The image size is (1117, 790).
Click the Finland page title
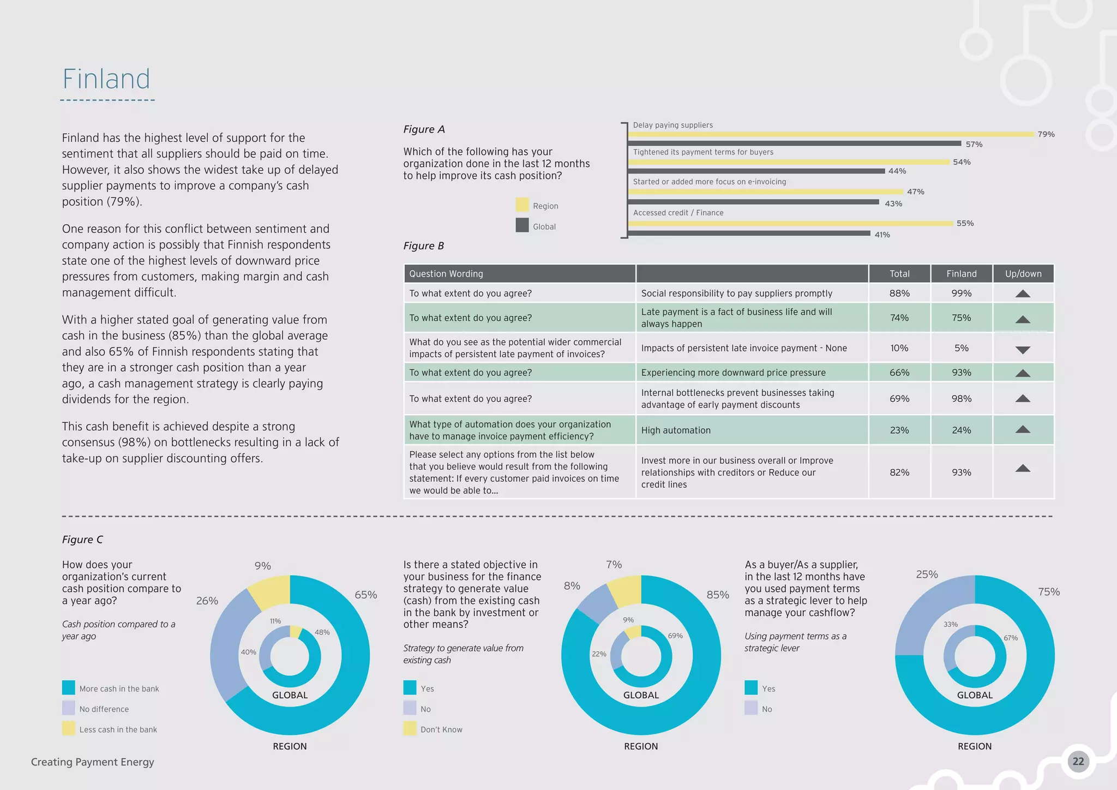click(x=106, y=79)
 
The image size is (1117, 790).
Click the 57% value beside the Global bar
click(x=974, y=145)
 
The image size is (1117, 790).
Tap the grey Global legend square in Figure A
click(x=522, y=225)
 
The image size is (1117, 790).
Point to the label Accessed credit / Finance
click(x=678, y=213)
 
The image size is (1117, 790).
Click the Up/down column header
click(x=1023, y=274)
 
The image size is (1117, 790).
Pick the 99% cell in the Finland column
click(x=961, y=294)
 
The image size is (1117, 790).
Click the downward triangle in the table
click(x=1023, y=350)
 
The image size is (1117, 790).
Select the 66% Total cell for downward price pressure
click(x=899, y=373)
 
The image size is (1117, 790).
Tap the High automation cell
click(x=676, y=430)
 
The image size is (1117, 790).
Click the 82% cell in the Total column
click(x=899, y=472)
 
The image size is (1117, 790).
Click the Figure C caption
click(x=82, y=540)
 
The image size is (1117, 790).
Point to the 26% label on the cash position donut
click(x=207, y=601)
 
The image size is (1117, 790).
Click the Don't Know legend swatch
click(x=410, y=728)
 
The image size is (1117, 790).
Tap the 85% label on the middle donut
click(x=717, y=595)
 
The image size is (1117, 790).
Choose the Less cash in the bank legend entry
click(x=118, y=729)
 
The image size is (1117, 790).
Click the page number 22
click(x=1078, y=762)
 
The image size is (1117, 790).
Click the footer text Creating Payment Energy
click(x=93, y=762)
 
